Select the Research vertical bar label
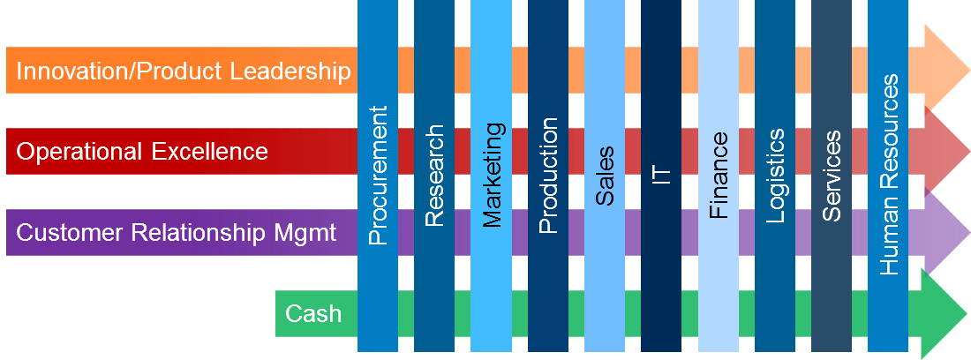coord(434,176)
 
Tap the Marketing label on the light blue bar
coord(492,175)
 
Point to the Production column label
coord(548,176)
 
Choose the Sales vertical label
coord(605,176)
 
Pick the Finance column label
coord(719,175)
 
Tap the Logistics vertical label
coord(775,176)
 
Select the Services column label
coord(832,176)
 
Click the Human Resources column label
coord(889,175)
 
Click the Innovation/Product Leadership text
coord(184,71)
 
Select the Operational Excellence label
coord(142,152)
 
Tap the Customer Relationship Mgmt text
coord(177,233)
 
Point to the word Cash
coord(313,313)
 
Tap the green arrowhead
coord(946,313)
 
